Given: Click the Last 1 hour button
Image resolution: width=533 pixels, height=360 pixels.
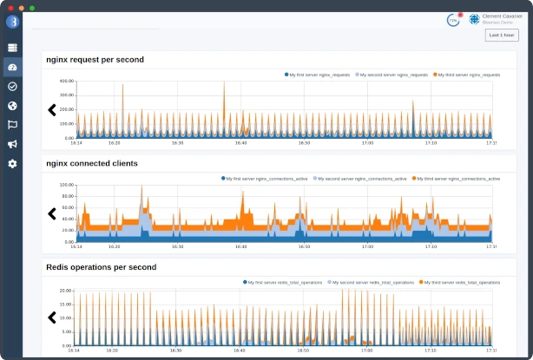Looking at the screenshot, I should coord(502,35).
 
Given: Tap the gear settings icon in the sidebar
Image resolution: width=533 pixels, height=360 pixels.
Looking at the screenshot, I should coord(12,163).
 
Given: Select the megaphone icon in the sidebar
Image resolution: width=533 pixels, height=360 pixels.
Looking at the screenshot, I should coord(12,144).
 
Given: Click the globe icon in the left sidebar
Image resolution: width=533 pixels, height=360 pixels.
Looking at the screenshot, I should coord(12,106).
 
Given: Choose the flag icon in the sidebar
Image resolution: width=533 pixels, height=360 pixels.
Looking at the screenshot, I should coord(12,125).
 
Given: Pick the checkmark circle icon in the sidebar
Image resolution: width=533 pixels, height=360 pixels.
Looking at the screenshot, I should coord(12,87).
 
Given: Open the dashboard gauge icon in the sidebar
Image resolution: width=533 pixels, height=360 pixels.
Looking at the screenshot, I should coord(12,67).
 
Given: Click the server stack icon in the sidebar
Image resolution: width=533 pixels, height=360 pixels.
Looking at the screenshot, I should coord(12,48).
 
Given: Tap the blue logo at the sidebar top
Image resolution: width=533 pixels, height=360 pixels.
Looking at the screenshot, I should coord(12,22).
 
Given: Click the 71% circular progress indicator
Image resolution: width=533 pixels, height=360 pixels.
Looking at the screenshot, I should coord(453,19).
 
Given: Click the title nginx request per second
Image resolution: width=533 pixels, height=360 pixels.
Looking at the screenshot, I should coord(95,60).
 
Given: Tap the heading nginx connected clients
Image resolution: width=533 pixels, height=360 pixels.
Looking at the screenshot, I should coord(91,163).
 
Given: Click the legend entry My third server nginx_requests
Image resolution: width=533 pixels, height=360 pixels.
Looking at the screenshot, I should coord(470,75).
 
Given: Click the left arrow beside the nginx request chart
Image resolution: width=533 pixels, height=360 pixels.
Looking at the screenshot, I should coord(52,109).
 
